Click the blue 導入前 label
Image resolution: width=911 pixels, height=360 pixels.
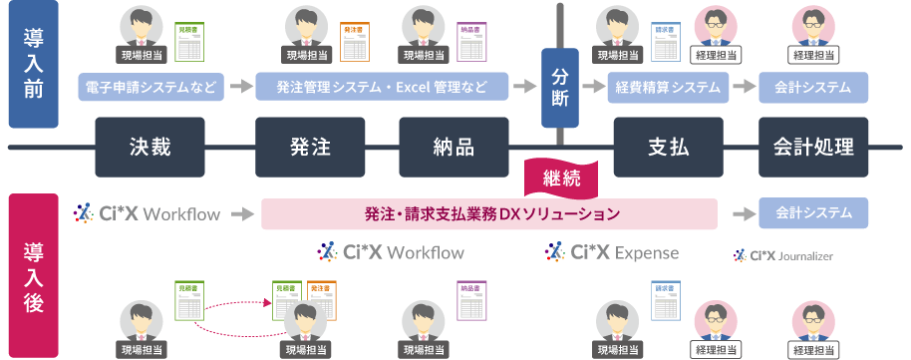pyautogui.click(x=33, y=65)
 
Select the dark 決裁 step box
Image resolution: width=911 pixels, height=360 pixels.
pyautogui.click(x=151, y=148)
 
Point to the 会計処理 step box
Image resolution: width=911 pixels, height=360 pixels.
pyautogui.click(x=813, y=148)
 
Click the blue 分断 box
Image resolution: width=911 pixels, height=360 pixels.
pyautogui.click(x=560, y=88)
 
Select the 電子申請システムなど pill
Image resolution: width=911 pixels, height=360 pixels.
pyautogui.click(x=152, y=88)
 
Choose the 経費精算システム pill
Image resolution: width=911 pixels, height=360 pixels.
pyautogui.click(x=668, y=88)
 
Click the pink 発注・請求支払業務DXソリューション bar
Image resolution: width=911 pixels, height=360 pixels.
pyautogui.click(x=489, y=213)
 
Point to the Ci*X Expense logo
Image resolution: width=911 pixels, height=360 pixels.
pyautogui.click(x=612, y=252)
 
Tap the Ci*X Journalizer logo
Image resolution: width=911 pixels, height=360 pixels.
pyautogui.click(x=782, y=256)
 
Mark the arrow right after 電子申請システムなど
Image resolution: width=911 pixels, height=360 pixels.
pyautogui.click(x=238, y=88)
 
